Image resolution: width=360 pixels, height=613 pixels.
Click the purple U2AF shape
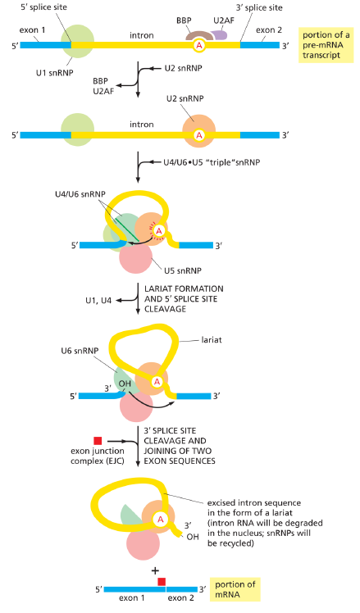(220, 34)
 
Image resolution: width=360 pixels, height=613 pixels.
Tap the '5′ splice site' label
(43, 7)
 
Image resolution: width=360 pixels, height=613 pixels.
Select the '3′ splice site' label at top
(259, 7)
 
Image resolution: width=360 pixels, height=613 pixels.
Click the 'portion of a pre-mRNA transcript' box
(326, 45)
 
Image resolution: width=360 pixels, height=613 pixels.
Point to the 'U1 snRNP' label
(54, 73)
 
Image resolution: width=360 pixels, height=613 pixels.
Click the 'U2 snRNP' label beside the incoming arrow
(183, 68)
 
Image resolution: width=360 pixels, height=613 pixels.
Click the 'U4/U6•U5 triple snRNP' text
(212, 162)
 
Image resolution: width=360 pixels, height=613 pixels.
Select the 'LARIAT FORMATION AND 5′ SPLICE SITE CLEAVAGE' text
(184, 299)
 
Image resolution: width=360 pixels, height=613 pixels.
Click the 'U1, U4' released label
(98, 301)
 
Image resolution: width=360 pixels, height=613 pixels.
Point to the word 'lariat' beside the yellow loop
(212, 340)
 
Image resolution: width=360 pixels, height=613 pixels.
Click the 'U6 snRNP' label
(80, 351)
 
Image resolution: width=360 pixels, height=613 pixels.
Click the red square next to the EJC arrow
(98, 441)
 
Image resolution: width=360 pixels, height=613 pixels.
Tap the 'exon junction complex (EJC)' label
(98, 456)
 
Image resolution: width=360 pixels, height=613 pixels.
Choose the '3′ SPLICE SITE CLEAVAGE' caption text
(175, 435)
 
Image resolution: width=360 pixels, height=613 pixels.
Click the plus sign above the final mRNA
(155, 571)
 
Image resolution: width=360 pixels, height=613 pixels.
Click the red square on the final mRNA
(162, 582)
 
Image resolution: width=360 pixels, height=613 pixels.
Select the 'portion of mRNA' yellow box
(235, 589)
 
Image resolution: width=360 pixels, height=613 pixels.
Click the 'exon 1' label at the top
(33, 30)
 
